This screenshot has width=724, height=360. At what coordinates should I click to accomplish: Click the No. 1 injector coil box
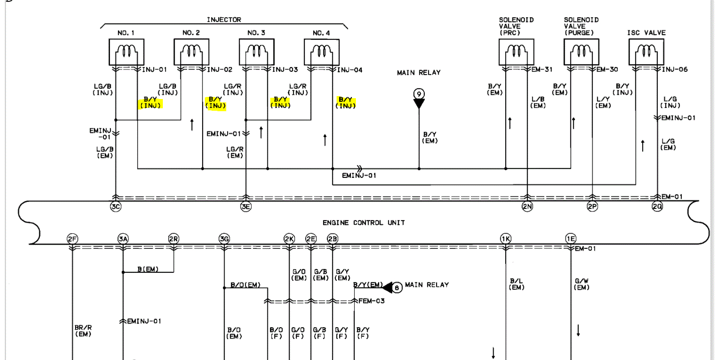[126, 52]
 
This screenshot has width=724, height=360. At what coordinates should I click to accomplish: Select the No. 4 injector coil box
[321, 52]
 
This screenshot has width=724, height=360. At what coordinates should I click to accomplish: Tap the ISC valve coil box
[646, 52]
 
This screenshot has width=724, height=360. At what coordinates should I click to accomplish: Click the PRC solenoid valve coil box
[516, 52]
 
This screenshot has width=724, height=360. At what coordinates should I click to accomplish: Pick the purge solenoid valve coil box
[581, 52]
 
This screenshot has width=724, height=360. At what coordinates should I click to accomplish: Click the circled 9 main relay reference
[419, 94]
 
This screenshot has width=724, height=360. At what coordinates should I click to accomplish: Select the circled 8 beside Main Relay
[397, 288]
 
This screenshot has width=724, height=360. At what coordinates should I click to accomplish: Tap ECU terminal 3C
[115, 206]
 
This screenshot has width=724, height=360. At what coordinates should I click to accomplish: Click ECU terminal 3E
[246, 206]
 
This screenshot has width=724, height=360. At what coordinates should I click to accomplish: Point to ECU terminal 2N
[527, 206]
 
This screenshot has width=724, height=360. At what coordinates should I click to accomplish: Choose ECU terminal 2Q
[657, 206]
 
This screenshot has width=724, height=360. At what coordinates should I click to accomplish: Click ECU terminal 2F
[72, 239]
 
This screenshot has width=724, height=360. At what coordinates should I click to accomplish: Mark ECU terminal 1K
[506, 239]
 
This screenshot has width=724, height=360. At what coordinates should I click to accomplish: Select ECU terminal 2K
[289, 239]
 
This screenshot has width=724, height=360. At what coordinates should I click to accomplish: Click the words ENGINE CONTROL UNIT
[363, 223]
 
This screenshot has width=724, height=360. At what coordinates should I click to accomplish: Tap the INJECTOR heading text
[224, 20]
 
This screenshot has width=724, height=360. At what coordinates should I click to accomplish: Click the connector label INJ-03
[285, 70]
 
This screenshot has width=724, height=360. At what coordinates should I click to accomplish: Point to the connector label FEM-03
[371, 301]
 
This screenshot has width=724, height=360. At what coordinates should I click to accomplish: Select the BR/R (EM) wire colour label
[83, 331]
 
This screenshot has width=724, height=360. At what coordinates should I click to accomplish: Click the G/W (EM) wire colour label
[582, 284]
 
